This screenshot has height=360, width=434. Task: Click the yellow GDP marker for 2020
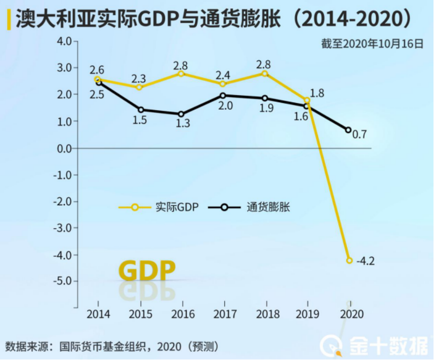350,260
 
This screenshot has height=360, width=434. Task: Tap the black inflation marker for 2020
348,130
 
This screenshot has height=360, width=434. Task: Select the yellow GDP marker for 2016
181,73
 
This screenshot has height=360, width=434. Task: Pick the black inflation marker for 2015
140,110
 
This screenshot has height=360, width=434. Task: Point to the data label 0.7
359,135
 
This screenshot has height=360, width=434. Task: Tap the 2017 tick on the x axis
224,315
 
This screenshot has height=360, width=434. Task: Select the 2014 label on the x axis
98,315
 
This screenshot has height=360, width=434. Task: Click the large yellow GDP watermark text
146,270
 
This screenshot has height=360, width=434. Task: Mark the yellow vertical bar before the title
8,20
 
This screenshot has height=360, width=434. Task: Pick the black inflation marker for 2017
223,96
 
